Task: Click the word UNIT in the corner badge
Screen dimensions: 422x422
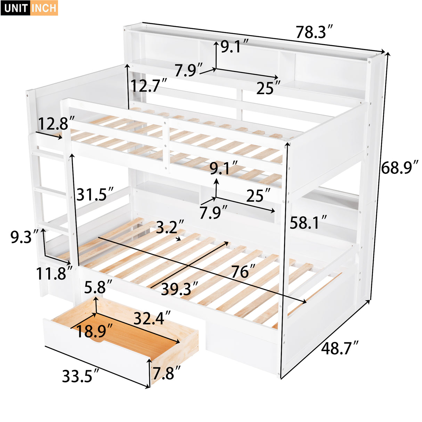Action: point(16,8)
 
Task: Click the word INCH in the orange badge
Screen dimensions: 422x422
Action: point(44,8)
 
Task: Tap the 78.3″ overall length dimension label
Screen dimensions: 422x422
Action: point(314,32)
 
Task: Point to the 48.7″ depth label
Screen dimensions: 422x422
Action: point(340,348)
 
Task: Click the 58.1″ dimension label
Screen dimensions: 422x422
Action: point(308,222)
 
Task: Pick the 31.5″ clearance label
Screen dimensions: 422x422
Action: point(95,194)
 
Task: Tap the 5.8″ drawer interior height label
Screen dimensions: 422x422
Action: point(99,287)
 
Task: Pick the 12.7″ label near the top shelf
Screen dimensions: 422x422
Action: point(149,85)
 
